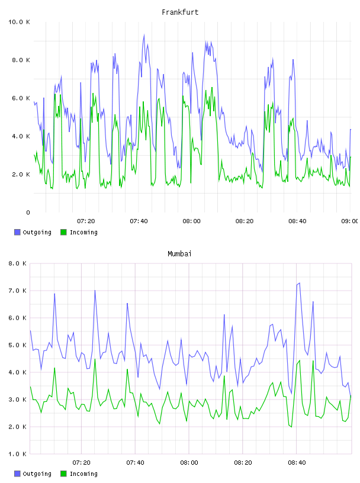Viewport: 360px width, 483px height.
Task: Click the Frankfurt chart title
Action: pyautogui.click(x=180, y=12)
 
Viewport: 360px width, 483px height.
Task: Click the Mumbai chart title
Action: pyautogui.click(x=179, y=253)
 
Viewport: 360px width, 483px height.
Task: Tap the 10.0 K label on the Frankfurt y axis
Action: pyautogui.click(x=19, y=22)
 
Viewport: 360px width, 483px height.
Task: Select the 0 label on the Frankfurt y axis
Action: pyautogui.click(x=28, y=212)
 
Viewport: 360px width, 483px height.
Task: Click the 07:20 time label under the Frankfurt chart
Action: pyautogui.click(x=86, y=221)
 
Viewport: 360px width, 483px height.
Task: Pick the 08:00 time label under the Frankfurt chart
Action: pyautogui.click(x=191, y=221)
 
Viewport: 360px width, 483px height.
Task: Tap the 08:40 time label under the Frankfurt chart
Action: pyautogui.click(x=297, y=221)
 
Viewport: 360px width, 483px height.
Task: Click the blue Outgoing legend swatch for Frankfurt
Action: pyautogui.click(x=17, y=232)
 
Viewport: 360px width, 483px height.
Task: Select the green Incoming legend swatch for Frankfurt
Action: pyautogui.click(x=63, y=232)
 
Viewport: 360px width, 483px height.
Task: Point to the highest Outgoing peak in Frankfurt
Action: pyautogui.click(x=144, y=35)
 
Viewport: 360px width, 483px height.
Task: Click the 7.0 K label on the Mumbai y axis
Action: pyautogui.click(x=17, y=291)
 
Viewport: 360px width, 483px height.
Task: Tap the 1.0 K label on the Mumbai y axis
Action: pyautogui.click(x=17, y=454)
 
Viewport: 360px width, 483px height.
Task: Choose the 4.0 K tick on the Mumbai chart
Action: pyautogui.click(x=17, y=372)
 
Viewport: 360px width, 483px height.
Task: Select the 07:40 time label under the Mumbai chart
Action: pyautogui.click(x=135, y=462)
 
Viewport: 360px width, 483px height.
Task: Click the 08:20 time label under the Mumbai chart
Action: pyautogui.click(x=243, y=462)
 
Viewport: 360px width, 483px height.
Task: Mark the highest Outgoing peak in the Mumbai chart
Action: pyautogui.click(x=300, y=283)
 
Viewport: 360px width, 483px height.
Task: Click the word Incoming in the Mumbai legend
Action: pyautogui.click(x=83, y=474)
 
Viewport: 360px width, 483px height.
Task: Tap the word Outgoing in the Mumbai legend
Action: pyautogui.click(x=37, y=474)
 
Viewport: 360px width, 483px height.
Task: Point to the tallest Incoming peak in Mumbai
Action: pyautogui.click(x=95, y=359)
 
